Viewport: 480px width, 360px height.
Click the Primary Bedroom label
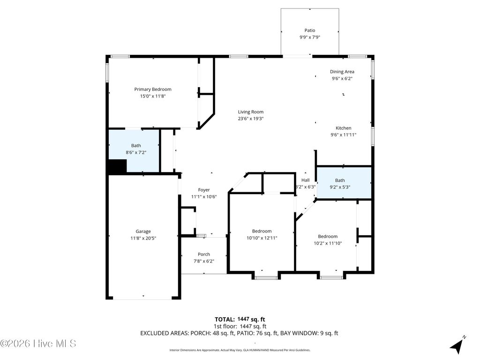click(153, 89)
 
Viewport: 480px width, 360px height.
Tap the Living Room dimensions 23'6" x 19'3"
click(251, 119)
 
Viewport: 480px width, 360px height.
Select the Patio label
click(310, 30)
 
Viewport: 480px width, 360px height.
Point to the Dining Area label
click(342, 72)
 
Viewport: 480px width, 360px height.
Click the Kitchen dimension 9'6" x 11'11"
click(344, 135)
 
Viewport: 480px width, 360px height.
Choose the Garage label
click(143, 231)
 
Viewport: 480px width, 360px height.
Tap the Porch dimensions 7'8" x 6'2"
click(204, 261)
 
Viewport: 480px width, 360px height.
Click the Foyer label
click(204, 190)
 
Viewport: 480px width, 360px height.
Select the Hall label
click(305, 180)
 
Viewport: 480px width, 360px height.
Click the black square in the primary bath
click(118, 166)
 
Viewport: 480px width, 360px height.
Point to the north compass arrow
click(457, 346)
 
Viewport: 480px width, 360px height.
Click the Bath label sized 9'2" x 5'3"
click(340, 180)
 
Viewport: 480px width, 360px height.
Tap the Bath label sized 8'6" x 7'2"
click(136, 145)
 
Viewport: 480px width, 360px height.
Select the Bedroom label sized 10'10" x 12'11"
click(262, 231)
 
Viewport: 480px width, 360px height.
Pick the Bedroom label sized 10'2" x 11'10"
click(328, 236)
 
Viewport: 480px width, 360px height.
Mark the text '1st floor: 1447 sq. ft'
click(240, 326)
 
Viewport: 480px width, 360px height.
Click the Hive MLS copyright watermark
click(38, 344)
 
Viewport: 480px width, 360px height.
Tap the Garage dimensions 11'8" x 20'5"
click(143, 238)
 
